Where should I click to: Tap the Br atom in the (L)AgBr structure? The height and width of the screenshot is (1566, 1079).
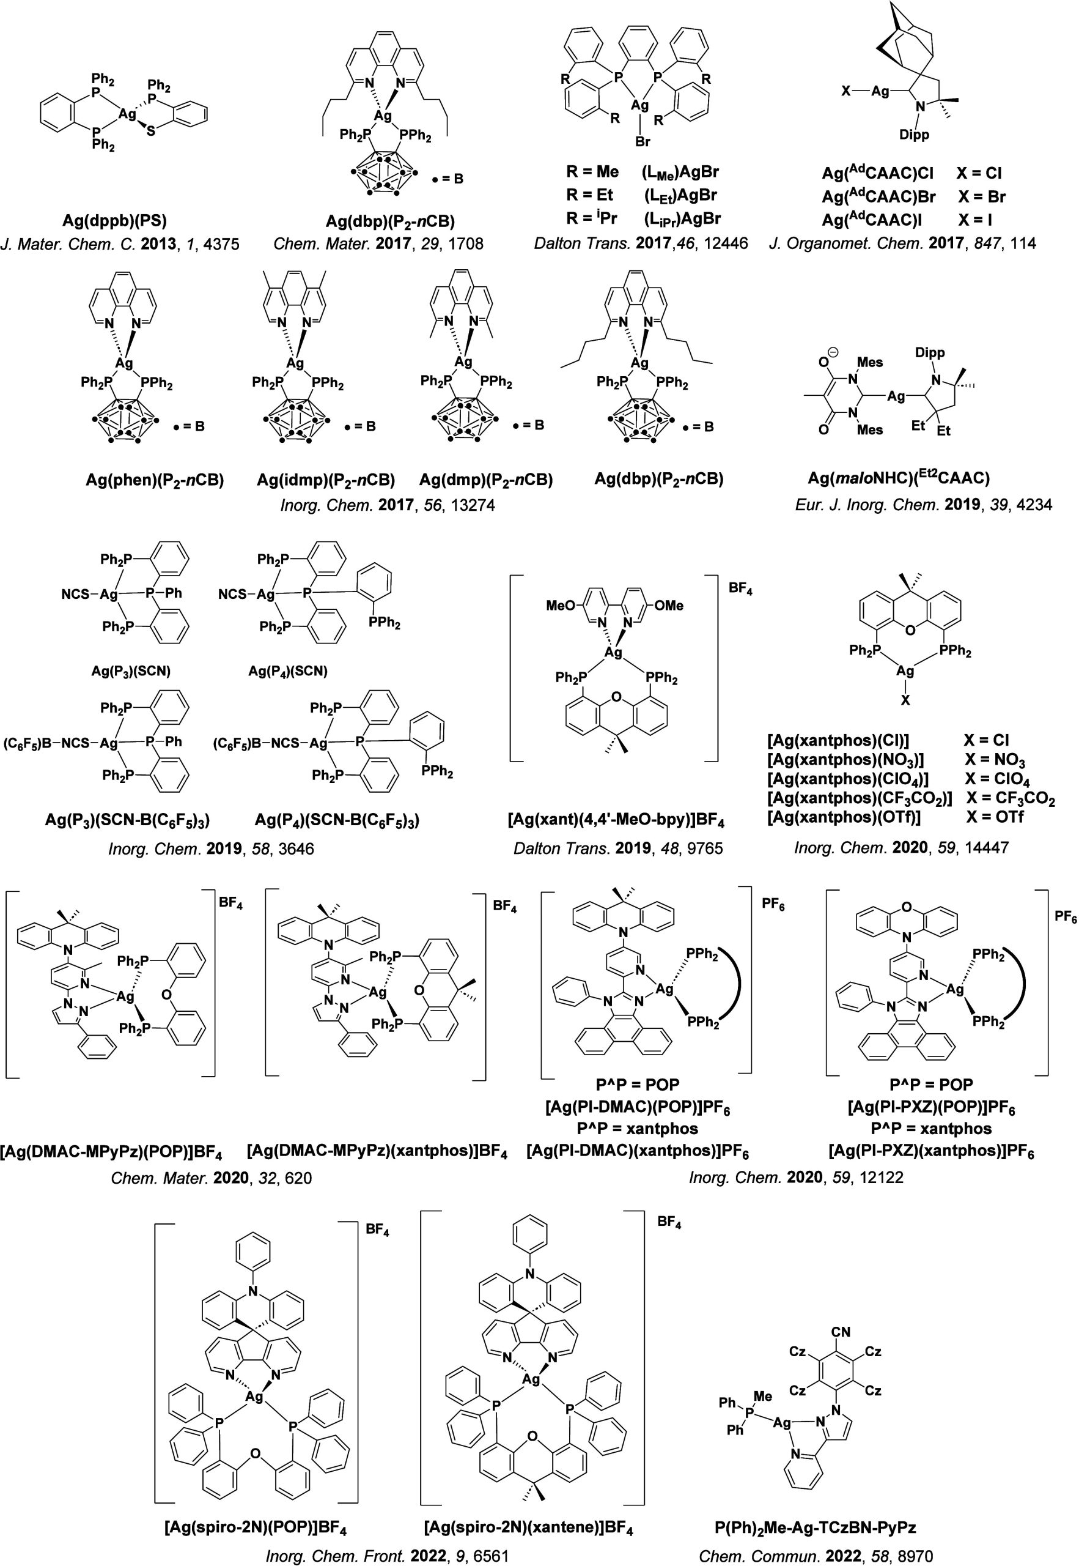click(643, 141)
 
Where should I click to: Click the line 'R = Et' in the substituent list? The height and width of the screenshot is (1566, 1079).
click(589, 195)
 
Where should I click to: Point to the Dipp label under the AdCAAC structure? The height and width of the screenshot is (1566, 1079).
click(914, 135)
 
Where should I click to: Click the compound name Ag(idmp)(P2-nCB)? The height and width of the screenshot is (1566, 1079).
click(326, 480)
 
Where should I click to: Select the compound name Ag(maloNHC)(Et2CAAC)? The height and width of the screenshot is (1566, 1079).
click(899, 478)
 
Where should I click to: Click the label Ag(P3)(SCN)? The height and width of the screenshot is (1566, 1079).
click(131, 671)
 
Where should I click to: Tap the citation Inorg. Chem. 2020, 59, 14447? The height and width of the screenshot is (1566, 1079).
click(901, 847)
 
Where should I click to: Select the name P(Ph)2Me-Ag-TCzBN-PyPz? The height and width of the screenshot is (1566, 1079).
click(816, 1527)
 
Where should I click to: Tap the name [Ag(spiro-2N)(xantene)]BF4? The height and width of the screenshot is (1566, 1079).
click(528, 1527)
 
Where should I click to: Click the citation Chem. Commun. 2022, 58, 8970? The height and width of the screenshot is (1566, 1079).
click(816, 1556)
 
